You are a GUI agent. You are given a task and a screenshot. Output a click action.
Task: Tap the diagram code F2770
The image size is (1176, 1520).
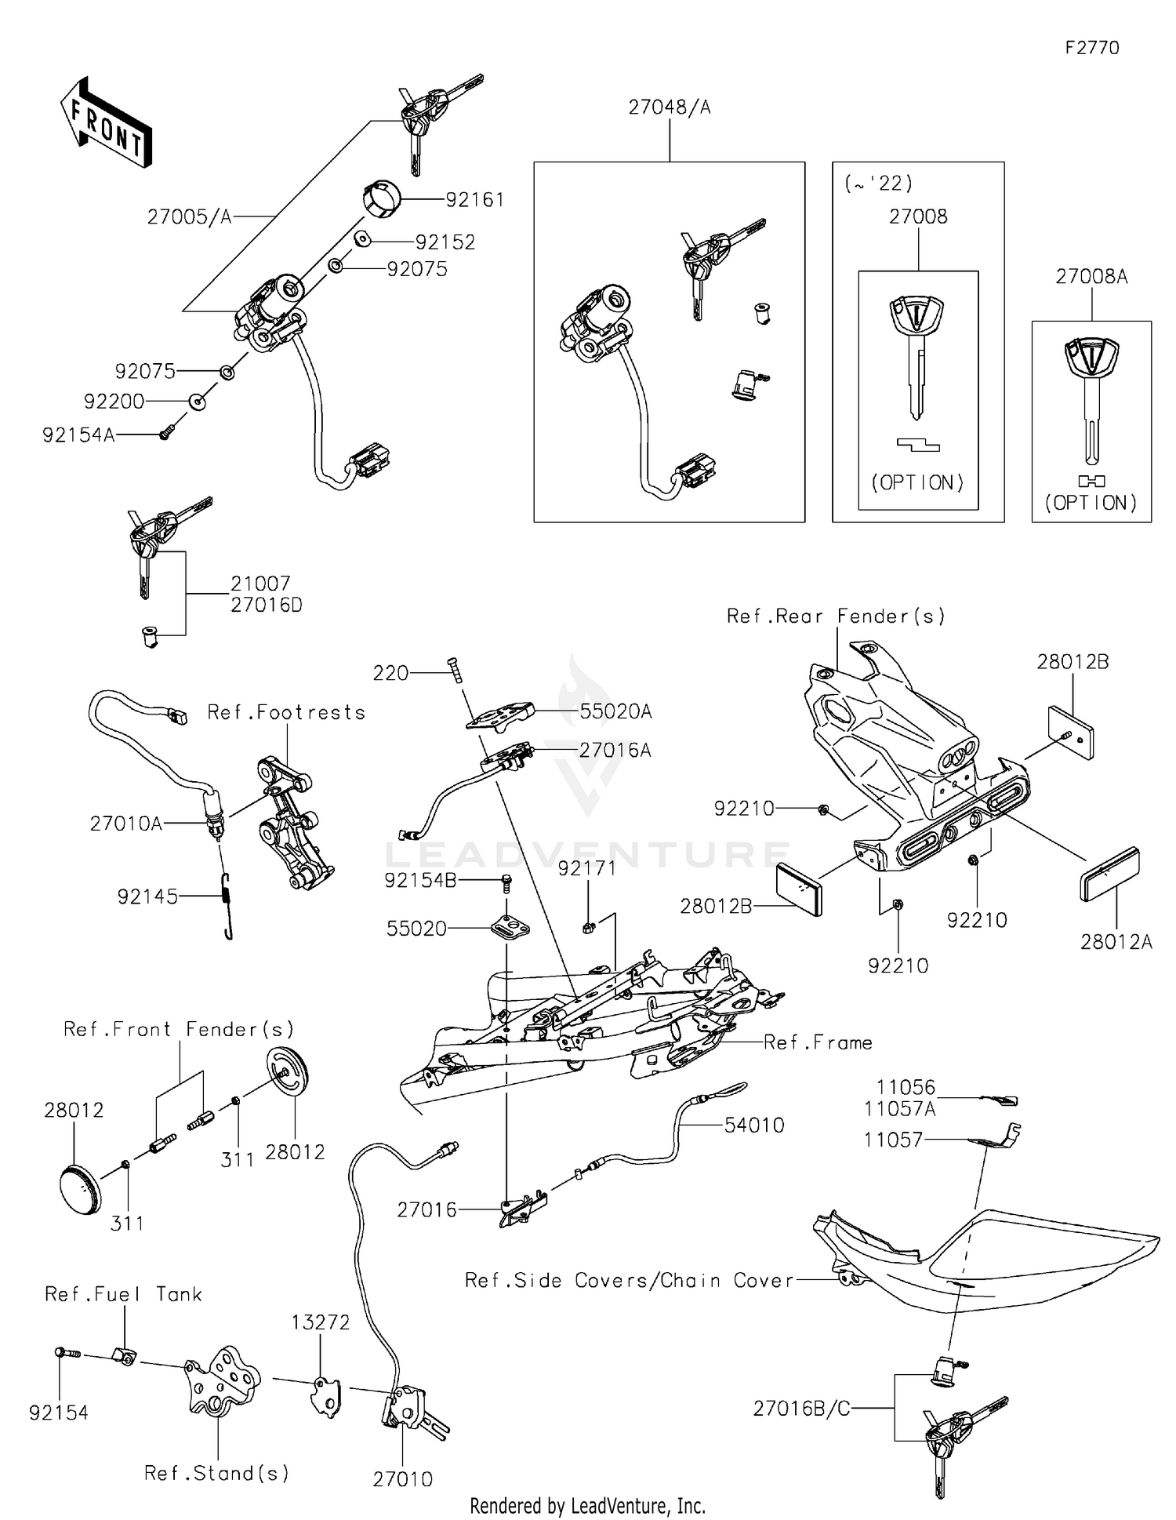tap(1091, 48)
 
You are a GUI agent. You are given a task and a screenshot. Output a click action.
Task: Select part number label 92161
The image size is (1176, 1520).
tap(474, 200)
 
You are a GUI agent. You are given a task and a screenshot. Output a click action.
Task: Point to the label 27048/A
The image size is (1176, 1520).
tap(669, 107)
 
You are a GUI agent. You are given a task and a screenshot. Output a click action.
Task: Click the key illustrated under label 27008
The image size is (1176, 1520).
tap(916, 353)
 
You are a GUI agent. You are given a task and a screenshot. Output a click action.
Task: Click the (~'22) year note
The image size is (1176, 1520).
tap(878, 184)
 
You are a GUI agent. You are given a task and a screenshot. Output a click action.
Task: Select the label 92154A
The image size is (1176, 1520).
tap(78, 435)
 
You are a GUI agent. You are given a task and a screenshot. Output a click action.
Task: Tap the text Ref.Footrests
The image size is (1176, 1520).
tap(286, 712)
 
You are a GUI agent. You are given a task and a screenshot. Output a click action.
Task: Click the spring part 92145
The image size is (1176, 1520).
tap(226, 905)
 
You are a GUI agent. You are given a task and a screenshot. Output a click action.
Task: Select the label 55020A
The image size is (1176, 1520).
tap(615, 711)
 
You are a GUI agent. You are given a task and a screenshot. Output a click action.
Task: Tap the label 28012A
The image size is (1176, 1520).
tap(1116, 942)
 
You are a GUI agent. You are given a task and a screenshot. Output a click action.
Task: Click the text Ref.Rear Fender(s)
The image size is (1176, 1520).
tap(836, 616)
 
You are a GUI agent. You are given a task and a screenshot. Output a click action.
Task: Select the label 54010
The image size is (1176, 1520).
tap(753, 1125)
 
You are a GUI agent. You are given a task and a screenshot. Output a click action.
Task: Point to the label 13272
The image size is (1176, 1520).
tap(320, 1322)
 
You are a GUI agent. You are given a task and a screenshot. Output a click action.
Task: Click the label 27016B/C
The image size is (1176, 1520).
tap(801, 1409)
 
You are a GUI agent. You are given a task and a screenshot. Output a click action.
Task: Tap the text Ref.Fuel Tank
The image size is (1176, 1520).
tap(123, 1294)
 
